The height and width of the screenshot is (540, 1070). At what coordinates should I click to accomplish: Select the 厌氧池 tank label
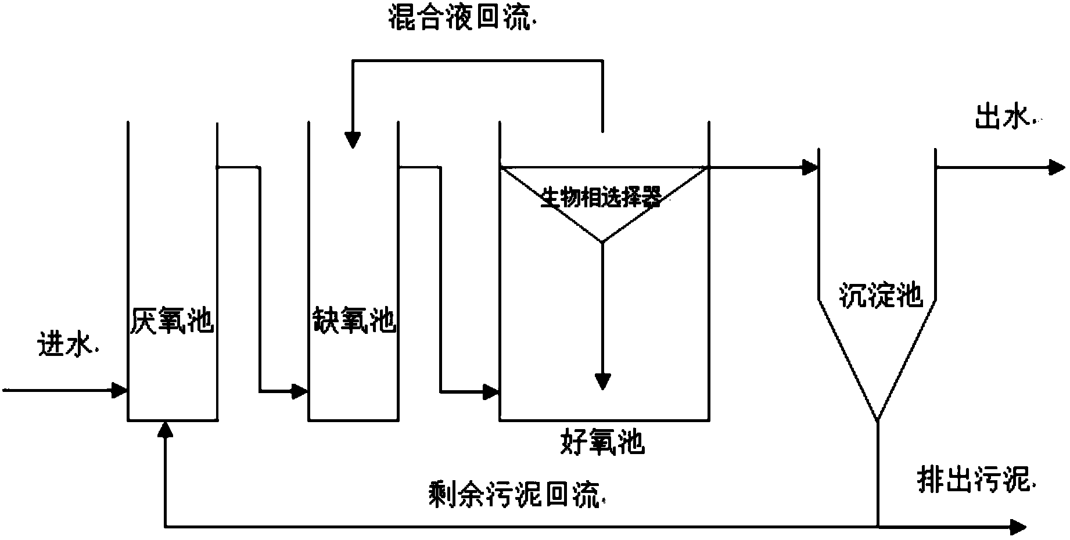(x=172, y=320)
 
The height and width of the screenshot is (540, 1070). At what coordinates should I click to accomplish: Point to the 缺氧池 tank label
(x=354, y=320)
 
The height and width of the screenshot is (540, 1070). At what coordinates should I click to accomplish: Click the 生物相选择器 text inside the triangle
(x=601, y=198)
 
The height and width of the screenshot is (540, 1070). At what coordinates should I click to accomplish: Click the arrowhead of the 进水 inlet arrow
(x=120, y=390)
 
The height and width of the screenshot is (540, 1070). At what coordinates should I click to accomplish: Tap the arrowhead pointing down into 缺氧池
(x=352, y=140)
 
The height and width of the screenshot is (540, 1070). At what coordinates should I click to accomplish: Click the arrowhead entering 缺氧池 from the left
(x=300, y=391)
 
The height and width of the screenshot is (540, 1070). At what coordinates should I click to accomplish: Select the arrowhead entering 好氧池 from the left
(x=491, y=391)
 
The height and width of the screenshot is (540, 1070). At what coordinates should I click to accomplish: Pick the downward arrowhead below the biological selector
(x=602, y=381)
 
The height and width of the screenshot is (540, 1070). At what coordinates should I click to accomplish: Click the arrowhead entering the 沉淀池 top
(x=810, y=168)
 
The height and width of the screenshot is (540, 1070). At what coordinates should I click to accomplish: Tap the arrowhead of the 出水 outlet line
(x=1057, y=168)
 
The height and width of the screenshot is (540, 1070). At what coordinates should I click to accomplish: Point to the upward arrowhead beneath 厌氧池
(x=166, y=429)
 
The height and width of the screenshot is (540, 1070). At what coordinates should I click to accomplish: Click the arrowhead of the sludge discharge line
(x=1018, y=527)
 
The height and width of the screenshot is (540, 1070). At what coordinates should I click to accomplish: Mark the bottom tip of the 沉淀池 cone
(x=877, y=420)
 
